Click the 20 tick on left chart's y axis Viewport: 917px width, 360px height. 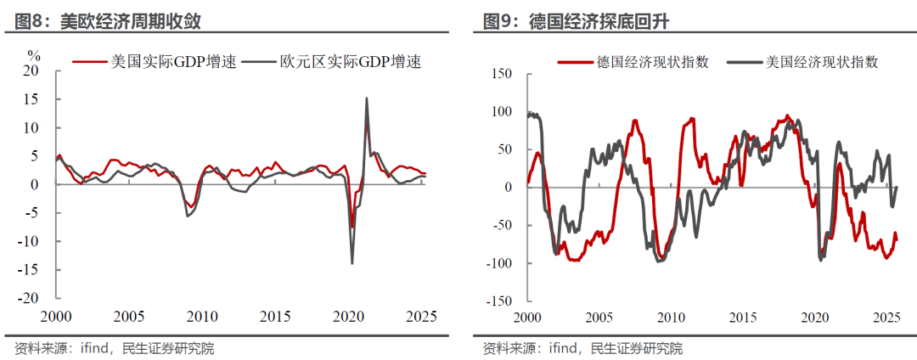tap(31, 71)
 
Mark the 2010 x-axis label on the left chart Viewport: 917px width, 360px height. tap(201, 317)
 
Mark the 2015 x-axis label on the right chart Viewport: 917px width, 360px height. tap(743, 317)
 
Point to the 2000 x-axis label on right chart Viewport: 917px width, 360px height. tap(526, 317)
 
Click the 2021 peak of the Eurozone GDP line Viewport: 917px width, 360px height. tap(366, 98)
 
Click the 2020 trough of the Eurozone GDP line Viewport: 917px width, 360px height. tap(352, 262)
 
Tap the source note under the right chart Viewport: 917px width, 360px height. tap(582, 348)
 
